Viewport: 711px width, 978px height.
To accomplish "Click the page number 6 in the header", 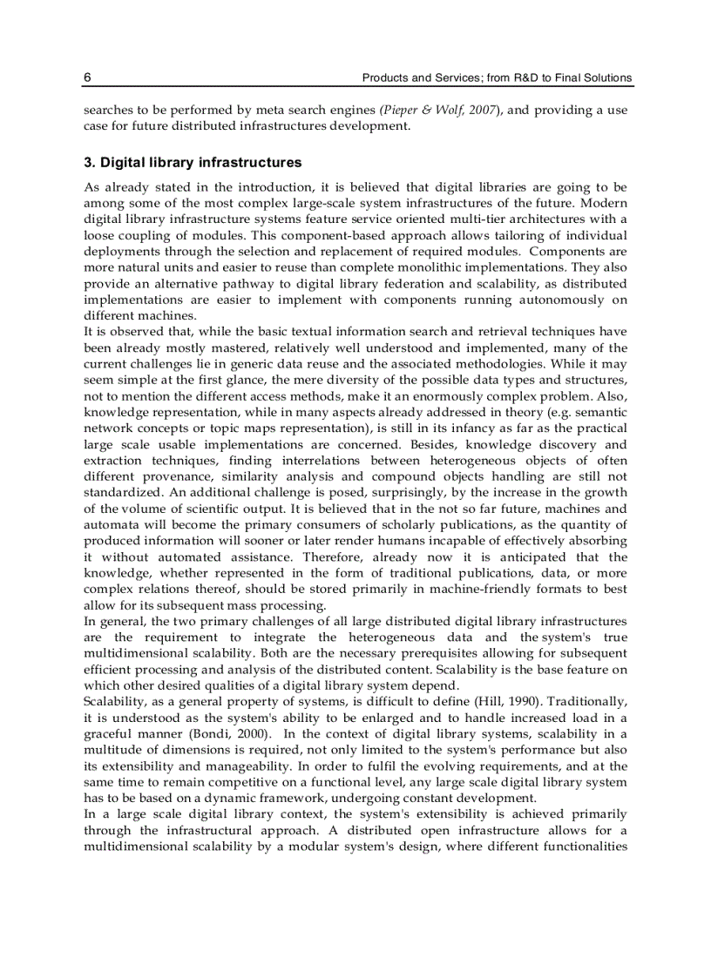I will pos(87,78).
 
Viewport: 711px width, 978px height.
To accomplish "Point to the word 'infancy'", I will pos(432,428).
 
